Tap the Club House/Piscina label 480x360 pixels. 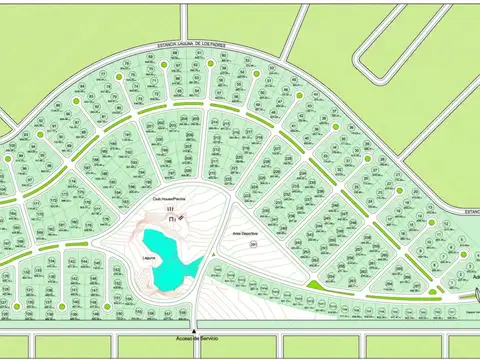coord(170,199)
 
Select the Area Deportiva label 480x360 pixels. coord(246,233)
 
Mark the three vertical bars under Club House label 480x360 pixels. coord(170,208)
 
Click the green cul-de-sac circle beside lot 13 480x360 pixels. coord(433,222)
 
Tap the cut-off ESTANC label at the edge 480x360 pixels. coord(471,211)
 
